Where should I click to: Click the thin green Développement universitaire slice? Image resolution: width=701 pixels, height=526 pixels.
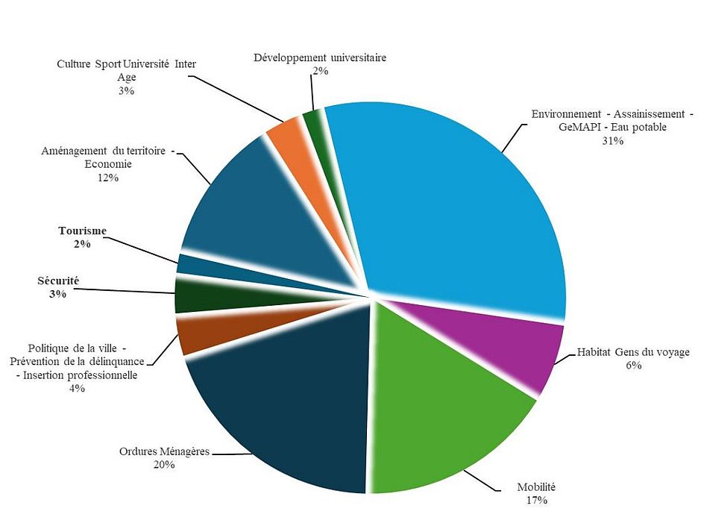point(313,119)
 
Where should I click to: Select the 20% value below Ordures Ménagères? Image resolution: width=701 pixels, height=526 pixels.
point(164,464)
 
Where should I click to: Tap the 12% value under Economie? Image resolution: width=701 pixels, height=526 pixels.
point(107,178)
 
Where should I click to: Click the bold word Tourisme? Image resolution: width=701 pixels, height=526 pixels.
point(82,231)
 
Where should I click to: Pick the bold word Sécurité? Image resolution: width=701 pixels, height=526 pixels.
point(58,281)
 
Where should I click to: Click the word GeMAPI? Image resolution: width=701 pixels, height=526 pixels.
point(579,127)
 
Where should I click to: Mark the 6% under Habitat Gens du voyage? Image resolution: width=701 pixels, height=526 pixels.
point(634,365)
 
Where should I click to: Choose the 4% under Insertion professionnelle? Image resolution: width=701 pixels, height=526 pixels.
point(77,388)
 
